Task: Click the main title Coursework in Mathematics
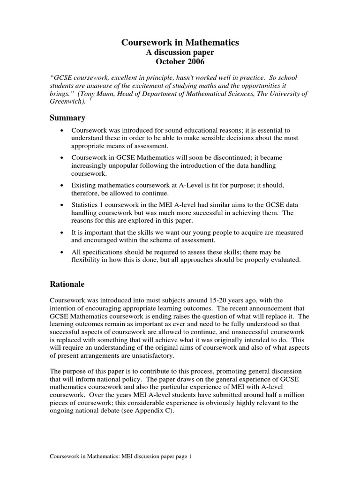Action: (180, 43)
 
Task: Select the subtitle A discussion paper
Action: (180, 52)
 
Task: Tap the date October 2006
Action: (180, 61)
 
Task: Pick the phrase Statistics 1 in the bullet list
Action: (88, 205)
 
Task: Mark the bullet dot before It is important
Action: (62, 232)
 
